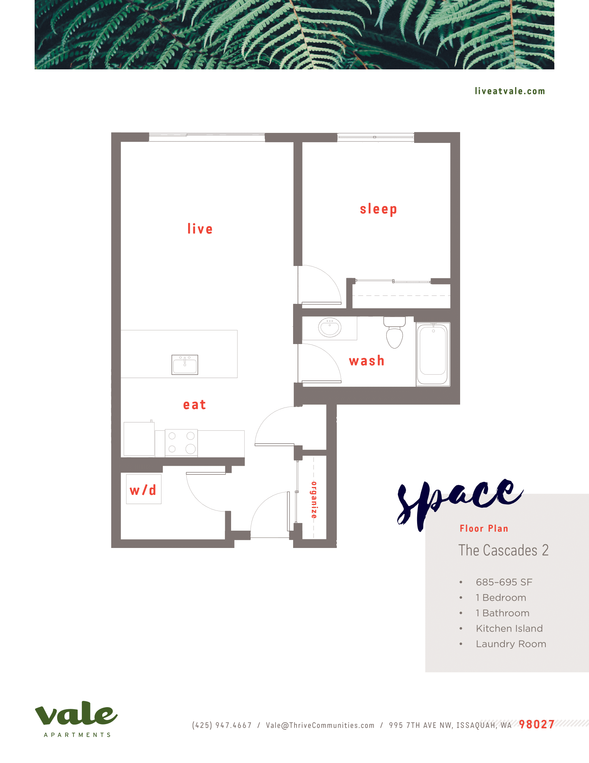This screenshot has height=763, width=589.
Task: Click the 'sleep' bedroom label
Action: pos(378,209)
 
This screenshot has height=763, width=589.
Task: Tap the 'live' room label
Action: pos(200,229)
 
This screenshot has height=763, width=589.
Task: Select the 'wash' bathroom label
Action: pos(366,361)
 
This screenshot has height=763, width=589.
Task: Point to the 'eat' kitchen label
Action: pos(194,404)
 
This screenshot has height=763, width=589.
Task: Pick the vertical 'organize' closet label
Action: pos(314,499)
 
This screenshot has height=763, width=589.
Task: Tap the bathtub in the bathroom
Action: pos(433,354)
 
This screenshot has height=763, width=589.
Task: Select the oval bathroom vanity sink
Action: pos(329,327)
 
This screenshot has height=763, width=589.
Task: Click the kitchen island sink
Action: pos(185,365)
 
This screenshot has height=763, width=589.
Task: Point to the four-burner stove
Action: pos(181,443)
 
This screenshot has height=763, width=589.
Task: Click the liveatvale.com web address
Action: pos(509,91)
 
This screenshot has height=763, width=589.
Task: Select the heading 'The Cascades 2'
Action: pos(503,551)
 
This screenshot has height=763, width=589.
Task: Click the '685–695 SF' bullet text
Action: pos(504,582)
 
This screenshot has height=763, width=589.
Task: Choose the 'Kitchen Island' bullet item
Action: pos(509,628)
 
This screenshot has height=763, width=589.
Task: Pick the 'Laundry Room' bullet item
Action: pos(511,644)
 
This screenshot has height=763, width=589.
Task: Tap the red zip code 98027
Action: pos(536,725)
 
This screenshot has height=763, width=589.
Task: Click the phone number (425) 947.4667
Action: pos(222,725)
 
